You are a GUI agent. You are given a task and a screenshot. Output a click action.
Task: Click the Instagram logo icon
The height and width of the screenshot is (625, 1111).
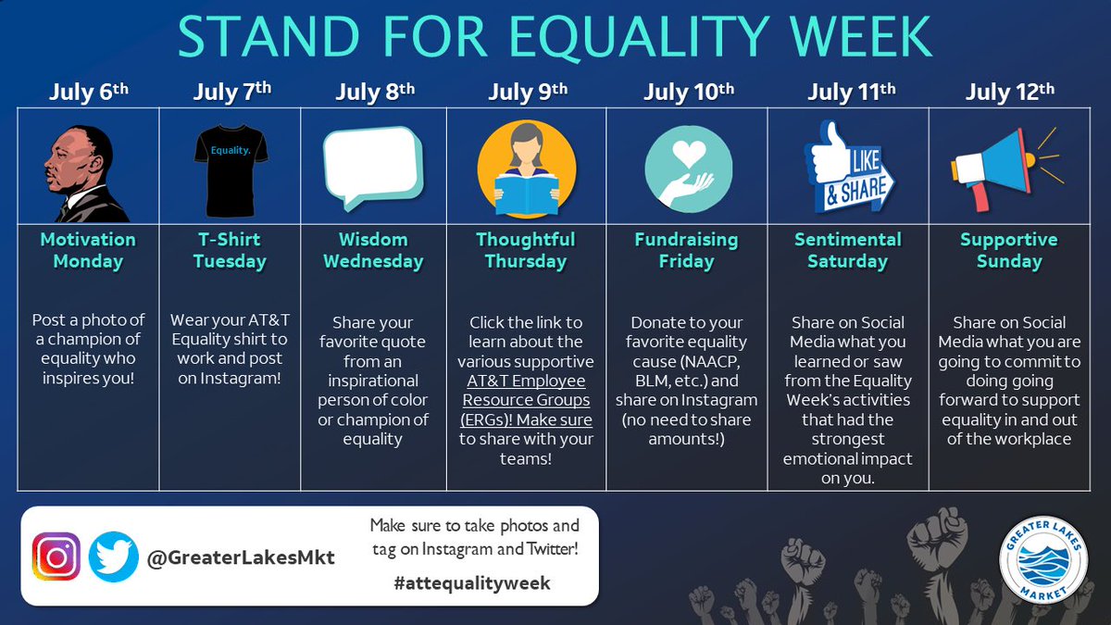pyautogui.click(x=57, y=556)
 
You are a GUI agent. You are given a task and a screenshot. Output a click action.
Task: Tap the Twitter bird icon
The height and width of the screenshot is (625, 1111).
pyautogui.click(x=112, y=556)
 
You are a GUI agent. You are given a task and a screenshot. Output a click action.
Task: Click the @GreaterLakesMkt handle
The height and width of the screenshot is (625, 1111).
pyautogui.click(x=238, y=557)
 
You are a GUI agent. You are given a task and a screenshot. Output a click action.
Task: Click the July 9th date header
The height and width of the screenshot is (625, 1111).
pyautogui.click(x=527, y=92)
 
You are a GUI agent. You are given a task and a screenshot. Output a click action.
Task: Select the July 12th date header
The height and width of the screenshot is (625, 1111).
pyautogui.click(x=1009, y=92)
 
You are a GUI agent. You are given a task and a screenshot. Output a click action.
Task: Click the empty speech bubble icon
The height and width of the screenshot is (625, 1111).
pyautogui.click(x=371, y=167)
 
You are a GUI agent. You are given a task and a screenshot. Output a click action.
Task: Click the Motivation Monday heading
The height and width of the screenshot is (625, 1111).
pyautogui.click(x=88, y=250)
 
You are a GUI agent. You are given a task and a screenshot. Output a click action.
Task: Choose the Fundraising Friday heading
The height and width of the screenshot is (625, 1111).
pyautogui.click(x=686, y=250)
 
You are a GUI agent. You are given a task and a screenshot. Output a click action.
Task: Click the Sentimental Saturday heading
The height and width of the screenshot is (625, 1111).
pyautogui.click(x=847, y=250)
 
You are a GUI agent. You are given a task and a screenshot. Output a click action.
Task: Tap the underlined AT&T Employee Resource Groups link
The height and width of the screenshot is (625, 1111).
pyautogui.click(x=527, y=401)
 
